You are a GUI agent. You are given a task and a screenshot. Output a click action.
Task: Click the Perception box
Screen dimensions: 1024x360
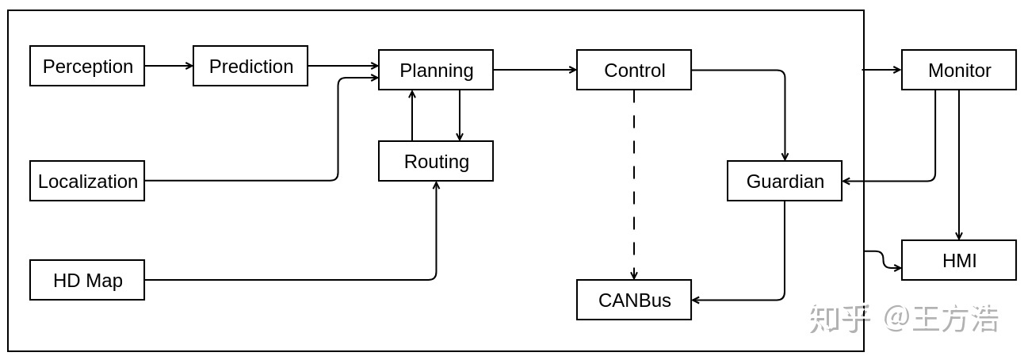tap(87, 66)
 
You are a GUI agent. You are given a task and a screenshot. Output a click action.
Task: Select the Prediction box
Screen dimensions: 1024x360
tap(250, 66)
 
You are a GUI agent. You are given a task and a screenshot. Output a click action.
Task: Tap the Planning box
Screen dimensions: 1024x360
tap(436, 70)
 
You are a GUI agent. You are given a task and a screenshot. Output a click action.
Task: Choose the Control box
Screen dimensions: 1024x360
tap(634, 70)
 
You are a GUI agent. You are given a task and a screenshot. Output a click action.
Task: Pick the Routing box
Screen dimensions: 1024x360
tap(436, 161)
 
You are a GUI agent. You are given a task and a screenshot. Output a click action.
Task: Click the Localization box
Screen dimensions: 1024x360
tap(87, 181)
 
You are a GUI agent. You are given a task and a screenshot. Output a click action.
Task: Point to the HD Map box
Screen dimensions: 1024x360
tap(87, 280)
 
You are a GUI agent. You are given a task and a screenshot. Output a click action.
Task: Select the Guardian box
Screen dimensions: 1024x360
tap(785, 181)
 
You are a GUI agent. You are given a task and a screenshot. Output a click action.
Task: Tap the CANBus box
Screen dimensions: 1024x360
tap(634, 300)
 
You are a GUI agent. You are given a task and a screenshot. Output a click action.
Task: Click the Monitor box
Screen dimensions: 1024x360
tap(959, 70)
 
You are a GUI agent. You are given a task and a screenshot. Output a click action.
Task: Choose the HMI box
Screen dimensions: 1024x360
tap(959, 260)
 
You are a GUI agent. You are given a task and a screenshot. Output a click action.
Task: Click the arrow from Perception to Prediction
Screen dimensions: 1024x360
tap(169, 66)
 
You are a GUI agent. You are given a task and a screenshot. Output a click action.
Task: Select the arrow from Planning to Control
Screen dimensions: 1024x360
tap(535, 70)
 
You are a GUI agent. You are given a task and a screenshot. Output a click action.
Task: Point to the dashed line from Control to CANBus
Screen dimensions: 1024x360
tap(634, 185)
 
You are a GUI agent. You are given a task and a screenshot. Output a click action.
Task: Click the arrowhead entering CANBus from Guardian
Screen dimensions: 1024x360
tap(696, 300)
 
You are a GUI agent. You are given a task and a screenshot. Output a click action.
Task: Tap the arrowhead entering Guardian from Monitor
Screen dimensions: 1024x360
tap(846, 181)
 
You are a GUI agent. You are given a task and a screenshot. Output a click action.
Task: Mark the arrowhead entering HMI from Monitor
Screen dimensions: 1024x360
tap(959, 236)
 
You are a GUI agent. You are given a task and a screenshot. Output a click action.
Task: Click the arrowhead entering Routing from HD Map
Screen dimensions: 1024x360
tap(436, 186)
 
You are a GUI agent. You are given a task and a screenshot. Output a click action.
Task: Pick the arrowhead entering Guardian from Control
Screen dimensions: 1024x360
tap(785, 156)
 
